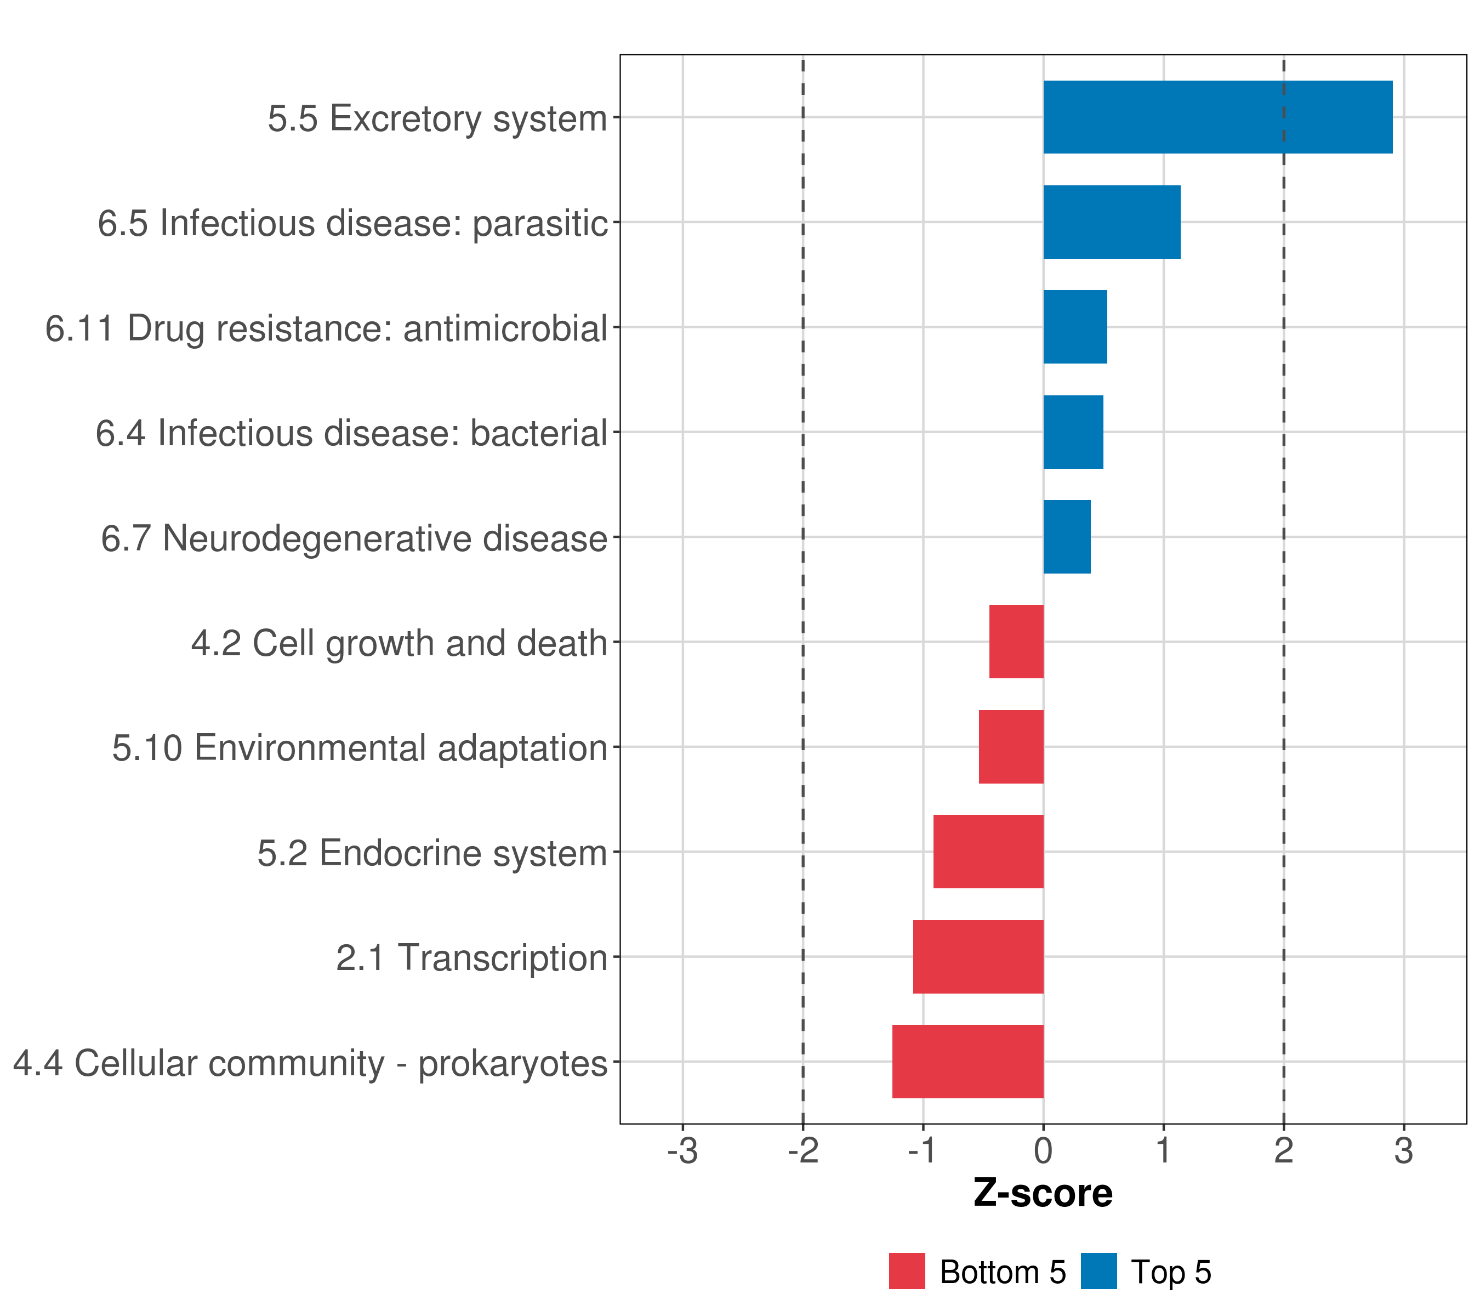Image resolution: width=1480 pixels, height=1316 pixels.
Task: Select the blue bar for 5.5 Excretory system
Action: (1217, 117)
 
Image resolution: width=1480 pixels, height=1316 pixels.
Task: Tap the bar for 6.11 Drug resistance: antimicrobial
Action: (1074, 327)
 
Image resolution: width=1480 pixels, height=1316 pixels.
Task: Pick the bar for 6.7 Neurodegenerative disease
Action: (1067, 537)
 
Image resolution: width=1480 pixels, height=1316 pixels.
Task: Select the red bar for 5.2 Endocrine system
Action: (988, 851)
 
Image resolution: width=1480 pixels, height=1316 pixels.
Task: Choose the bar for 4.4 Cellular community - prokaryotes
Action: (967, 1061)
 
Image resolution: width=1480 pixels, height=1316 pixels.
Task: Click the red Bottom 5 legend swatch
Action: (907, 1271)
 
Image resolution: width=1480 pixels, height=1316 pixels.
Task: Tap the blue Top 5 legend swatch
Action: (1098, 1271)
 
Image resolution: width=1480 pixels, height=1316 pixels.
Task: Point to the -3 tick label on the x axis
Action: (682, 1150)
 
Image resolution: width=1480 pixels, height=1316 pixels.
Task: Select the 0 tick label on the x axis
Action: (1043, 1150)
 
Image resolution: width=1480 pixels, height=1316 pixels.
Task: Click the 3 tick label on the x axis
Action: (1403, 1150)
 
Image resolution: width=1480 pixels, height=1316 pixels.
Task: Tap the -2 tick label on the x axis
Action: (802, 1150)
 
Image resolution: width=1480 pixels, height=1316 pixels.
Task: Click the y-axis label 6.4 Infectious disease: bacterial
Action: (351, 433)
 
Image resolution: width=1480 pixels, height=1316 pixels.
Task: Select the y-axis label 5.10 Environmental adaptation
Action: (359, 747)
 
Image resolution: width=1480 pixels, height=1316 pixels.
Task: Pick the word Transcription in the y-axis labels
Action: (503, 957)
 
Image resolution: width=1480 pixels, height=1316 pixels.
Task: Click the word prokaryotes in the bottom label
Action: (513, 1063)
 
